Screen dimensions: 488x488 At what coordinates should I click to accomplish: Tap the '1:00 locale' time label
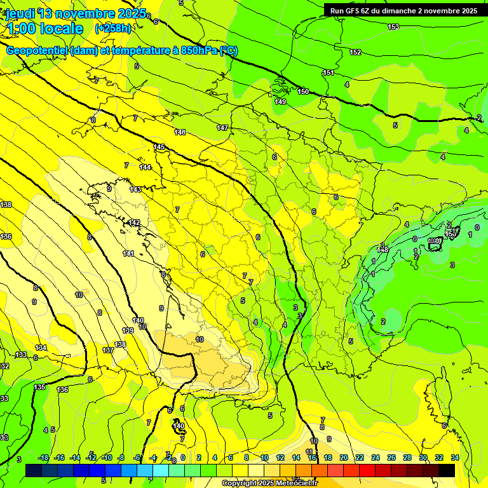coord(45,29)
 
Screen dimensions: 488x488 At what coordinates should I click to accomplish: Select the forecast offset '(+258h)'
coord(113,29)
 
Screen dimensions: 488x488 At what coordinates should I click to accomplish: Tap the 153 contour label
coord(393,27)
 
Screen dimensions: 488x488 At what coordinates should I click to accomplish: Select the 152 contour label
coord(355,52)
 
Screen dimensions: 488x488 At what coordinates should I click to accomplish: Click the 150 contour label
coord(304,92)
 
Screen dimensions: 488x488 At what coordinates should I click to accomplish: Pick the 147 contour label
coord(222,128)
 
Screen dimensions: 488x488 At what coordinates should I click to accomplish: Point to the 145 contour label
coord(159,147)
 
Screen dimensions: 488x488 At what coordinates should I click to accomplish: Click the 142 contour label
coord(134,222)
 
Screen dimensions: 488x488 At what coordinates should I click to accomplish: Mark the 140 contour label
coord(138,320)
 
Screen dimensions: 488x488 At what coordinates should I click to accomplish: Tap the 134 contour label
coord(41,348)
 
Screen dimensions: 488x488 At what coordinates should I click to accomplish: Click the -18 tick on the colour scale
coord(44,457)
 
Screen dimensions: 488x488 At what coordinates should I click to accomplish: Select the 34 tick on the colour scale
coord(454,457)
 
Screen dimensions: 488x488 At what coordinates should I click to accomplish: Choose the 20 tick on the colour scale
coord(344,457)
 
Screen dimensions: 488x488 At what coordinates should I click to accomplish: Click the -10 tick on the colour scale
coord(107,457)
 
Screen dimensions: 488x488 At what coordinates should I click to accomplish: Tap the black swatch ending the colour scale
coord(447,470)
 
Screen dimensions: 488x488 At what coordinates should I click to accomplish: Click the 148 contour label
coord(383,250)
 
